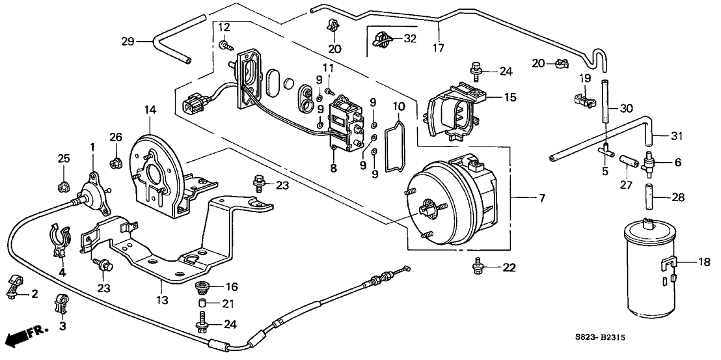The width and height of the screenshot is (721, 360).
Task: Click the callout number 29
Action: tap(128, 41)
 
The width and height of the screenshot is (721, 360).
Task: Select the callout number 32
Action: tap(410, 38)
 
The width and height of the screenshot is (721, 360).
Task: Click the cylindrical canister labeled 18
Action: tap(650, 268)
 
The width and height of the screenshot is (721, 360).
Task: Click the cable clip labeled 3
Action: tap(62, 302)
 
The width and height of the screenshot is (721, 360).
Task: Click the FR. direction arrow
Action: tap(27, 338)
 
